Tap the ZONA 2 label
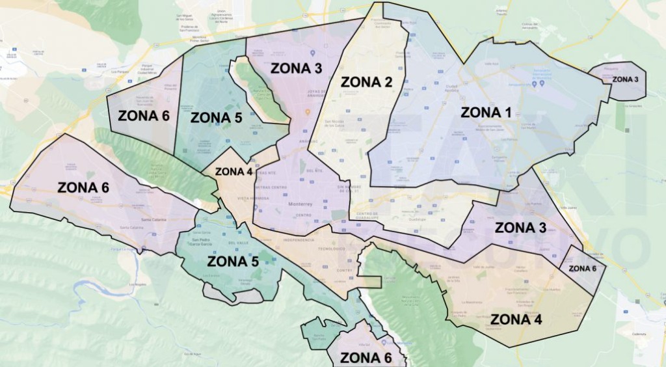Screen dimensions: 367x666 (367, 82)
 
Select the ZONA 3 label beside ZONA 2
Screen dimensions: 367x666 (296, 68)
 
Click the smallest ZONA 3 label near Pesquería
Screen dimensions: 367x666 (626, 79)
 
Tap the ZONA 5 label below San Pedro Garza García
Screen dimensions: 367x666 (232, 262)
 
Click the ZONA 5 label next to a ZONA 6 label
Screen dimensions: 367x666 (216, 118)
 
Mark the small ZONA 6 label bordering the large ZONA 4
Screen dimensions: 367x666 (582, 268)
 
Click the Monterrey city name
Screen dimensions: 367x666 (300, 204)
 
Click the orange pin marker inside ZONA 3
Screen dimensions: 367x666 (308, 111)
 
